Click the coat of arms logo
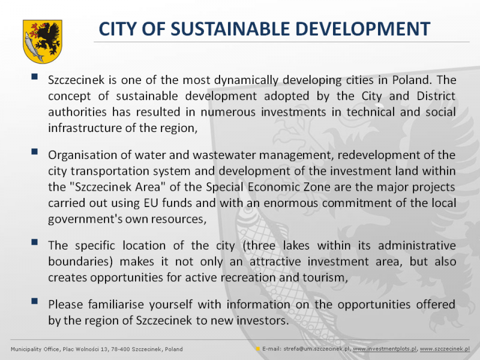pyautogui.click(x=43, y=41)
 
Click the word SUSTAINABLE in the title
pyautogui.click(x=230, y=29)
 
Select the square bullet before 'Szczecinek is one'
pyautogui.click(x=34, y=76)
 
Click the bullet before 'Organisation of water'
pyautogui.click(x=34, y=152)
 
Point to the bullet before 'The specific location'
pyautogui.click(x=34, y=242)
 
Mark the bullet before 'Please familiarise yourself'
pyautogui.click(x=34, y=301)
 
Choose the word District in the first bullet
pyautogui.click(x=436, y=96)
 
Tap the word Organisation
pyautogui.click(x=82, y=155)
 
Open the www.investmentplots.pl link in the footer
pyautogui.click(x=385, y=349)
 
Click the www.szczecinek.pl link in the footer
pyautogui.click(x=445, y=349)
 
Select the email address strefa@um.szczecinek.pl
pyautogui.click(x=317, y=349)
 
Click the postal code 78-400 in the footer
pyautogui.click(x=122, y=349)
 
